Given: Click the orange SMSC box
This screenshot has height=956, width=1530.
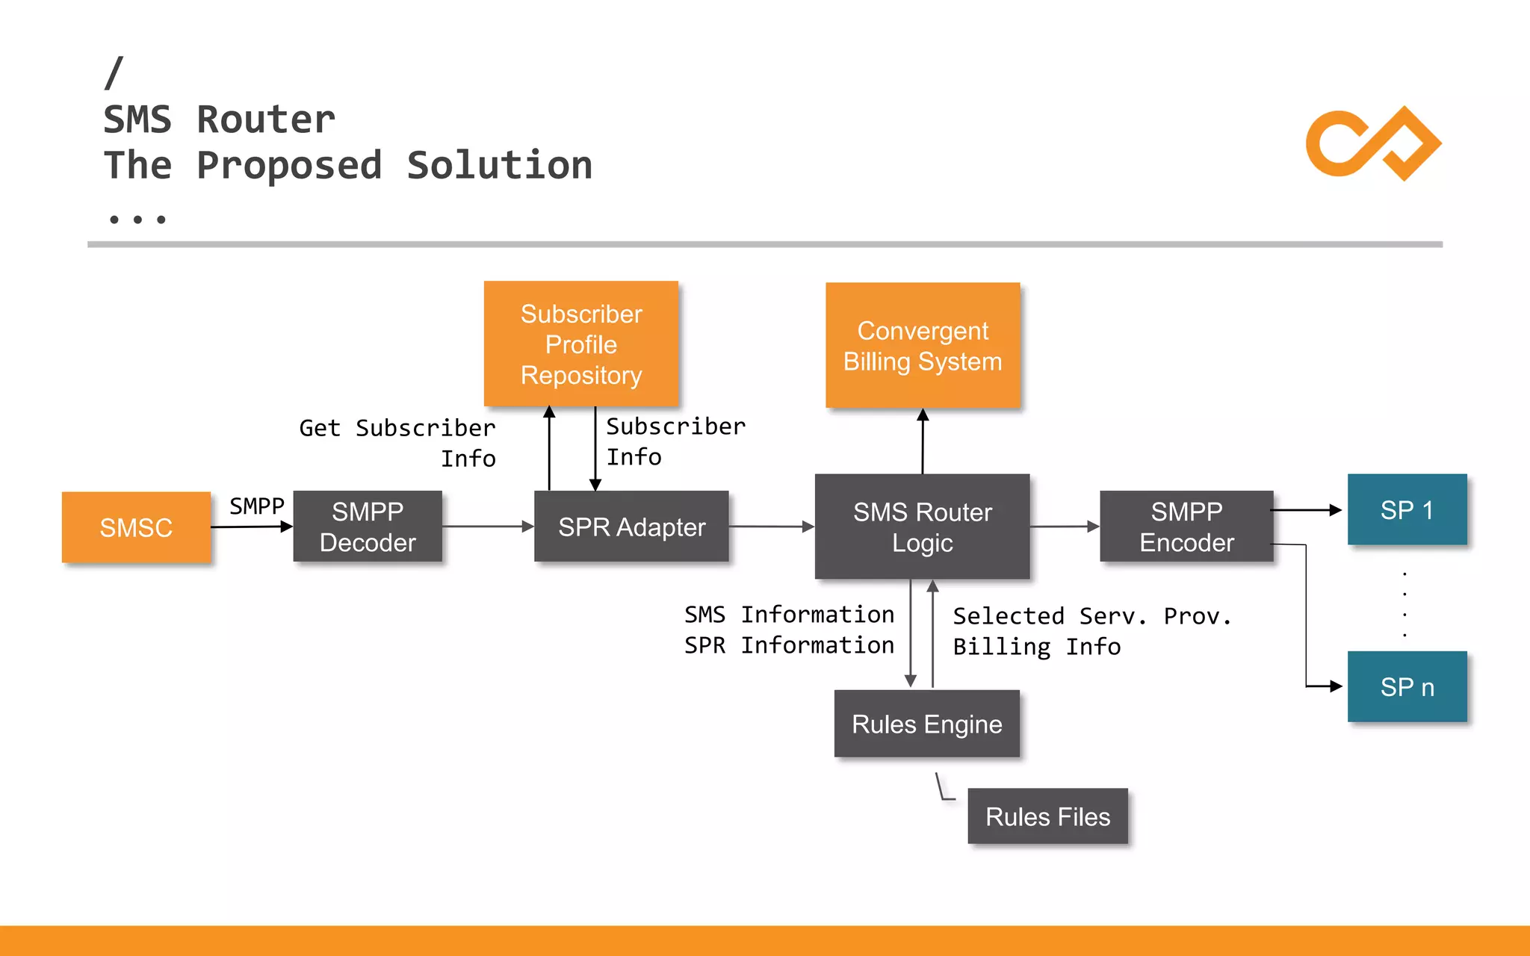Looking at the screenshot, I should (x=136, y=527).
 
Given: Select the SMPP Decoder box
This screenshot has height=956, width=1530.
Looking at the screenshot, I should (x=368, y=527).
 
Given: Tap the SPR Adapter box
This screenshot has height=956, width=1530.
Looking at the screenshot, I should (x=631, y=527).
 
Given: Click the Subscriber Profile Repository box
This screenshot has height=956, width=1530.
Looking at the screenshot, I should (x=581, y=344).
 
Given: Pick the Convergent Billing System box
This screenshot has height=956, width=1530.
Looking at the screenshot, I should (x=923, y=346).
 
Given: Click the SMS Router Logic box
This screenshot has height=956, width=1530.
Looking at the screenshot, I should (x=922, y=527).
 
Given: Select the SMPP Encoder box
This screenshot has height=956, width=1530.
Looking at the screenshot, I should (x=1186, y=527).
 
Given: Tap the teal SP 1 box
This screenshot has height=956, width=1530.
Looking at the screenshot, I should (x=1407, y=510).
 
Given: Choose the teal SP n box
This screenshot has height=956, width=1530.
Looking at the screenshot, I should (x=1407, y=686).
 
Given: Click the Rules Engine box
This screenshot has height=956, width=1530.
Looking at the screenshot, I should (x=926, y=724).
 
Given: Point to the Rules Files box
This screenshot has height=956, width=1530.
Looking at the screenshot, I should (x=1047, y=816).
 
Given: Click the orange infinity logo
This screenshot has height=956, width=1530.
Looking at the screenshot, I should (x=1373, y=143).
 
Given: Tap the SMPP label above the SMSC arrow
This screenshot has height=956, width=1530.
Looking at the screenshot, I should (x=256, y=506).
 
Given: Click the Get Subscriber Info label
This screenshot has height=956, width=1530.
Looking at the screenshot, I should (x=397, y=442).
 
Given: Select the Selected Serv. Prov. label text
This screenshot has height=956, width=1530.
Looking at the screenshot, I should (x=1091, y=616).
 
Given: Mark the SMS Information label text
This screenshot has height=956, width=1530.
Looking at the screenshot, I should (x=789, y=615).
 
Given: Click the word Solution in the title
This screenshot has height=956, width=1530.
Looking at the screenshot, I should (x=499, y=165).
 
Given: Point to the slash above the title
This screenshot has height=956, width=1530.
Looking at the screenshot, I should (x=114, y=73).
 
